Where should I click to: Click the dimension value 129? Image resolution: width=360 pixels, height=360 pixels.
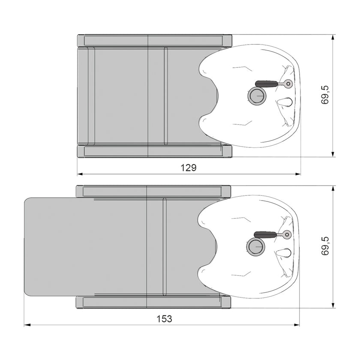click(x=188, y=168)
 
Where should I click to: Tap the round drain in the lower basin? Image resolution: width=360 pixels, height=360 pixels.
click(x=255, y=248)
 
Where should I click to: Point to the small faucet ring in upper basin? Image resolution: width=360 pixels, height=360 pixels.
click(x=288, y=84)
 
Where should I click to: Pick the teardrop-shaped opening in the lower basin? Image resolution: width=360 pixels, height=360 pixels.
click(x=284, y=254)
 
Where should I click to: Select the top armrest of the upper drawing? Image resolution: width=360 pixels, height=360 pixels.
click(x=154, y=41)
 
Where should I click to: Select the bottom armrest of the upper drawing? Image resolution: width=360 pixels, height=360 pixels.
click(x=154, y=151)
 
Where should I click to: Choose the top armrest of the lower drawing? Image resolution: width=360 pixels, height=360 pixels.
click(x=153, y=192)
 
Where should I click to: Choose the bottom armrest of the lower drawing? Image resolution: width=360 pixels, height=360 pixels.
click(x=153, y=302)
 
